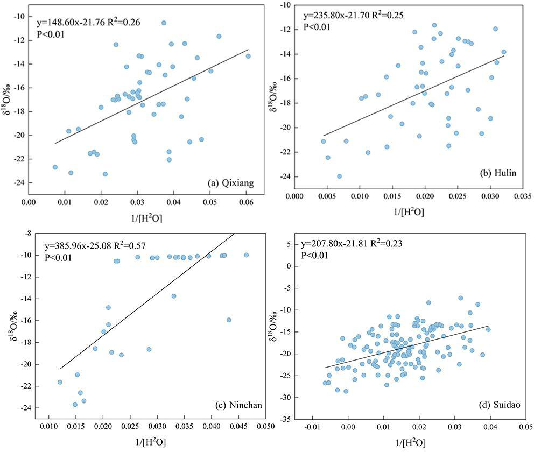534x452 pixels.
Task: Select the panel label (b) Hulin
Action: pyautogui.click(x=497, y=173)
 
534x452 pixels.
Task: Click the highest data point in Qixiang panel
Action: pyautogui.click(x=164, y=23)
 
